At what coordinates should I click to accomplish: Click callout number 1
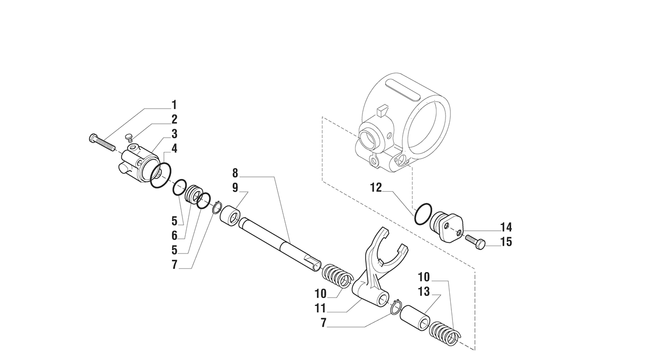click(x=174, y=105)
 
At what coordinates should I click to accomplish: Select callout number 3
click(x=174, y=134)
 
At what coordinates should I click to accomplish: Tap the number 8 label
click(x=235, y=173)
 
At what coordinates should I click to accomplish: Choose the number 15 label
click(x=506, y=242)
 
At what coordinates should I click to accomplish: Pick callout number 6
click(x=174, y=236)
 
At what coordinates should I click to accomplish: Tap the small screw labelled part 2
click(x=128, y=138)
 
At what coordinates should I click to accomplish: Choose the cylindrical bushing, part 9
click(x=230, y=216)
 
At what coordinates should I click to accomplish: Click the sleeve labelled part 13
click(x=414, y=317)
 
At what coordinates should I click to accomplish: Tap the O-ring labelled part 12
click(x=423, y=214)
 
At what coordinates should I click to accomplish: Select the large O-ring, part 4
click(x=161, y=175)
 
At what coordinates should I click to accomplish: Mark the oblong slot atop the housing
click(x=403, y=88)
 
